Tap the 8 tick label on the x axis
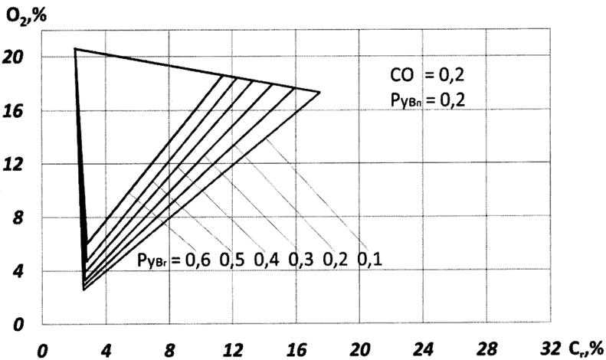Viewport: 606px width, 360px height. (170, 349)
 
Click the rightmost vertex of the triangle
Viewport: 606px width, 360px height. (319, 93)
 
